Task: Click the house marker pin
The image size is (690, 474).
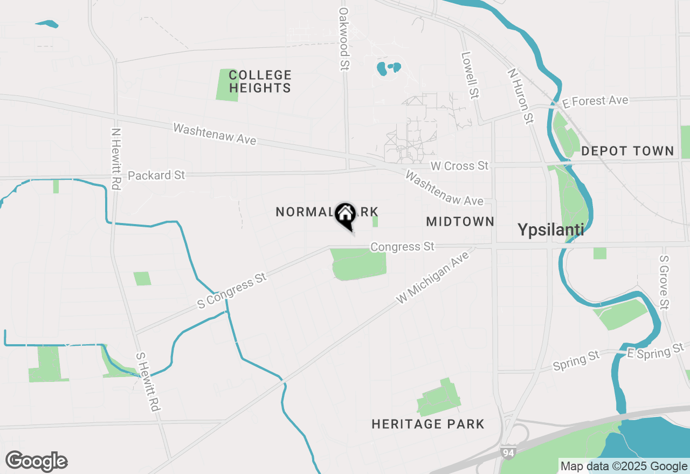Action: [x=345, y=215]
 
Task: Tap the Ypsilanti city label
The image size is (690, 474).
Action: [x=551, y=230]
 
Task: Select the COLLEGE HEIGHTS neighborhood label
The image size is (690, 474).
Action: [x=260, y=81]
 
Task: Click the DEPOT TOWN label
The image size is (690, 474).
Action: [x=627, y=151]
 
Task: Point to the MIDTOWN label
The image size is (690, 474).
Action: [x=460, y=221]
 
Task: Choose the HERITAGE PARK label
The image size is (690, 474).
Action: [x=428, y=424]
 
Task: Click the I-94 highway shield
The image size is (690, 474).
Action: [x=507, y=452]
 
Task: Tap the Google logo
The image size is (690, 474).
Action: [x=36, y=462]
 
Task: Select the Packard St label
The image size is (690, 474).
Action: [x=156, y=176]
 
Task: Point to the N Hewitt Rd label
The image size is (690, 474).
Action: [x=114, y=158]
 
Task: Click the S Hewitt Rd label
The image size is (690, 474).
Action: [x=148, y=382]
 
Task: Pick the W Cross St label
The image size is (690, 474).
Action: [x=459, y=166]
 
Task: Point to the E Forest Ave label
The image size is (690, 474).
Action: [x=595, y=101]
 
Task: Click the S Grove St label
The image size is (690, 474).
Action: [x=664, y=282]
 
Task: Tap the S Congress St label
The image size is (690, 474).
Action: [x=232, y=291]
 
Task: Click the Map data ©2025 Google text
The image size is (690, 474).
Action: [x=624, y=466]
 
